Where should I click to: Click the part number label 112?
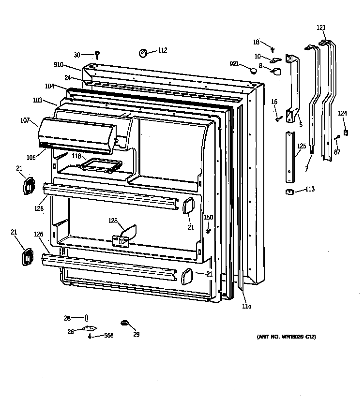tap(162, 50)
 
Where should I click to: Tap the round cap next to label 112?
tap(144, 52)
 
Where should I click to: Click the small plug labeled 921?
tap(253, 71)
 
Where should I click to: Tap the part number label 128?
tap(113, 221)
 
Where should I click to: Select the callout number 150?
tap(208, 217)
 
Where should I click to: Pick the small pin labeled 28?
tap(86, 318)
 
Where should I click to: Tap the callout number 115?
tap(246, 306)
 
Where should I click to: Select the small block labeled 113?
tap(291, 192)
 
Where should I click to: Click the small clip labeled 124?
tap(345, 132)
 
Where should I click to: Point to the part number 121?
tap(321, 28)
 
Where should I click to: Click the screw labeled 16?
tap(278, 118)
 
